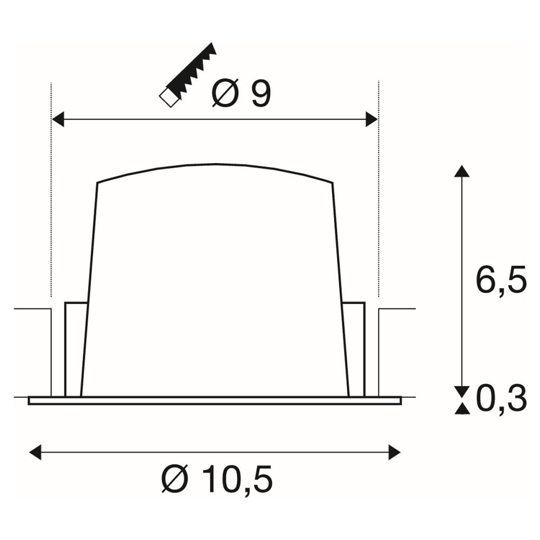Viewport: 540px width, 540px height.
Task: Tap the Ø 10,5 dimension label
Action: point(217,479)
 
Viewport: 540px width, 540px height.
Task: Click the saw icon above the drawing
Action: point(188,75)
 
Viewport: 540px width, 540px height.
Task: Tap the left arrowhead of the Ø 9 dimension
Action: point(58,119)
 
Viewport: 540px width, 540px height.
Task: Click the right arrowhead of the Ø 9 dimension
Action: point(372,119)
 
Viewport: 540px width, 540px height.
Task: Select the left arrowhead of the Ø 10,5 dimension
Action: point(36,452)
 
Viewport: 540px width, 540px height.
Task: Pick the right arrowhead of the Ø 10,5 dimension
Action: point(395,452)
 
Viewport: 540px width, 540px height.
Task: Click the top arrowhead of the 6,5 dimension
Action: point(462,171)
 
